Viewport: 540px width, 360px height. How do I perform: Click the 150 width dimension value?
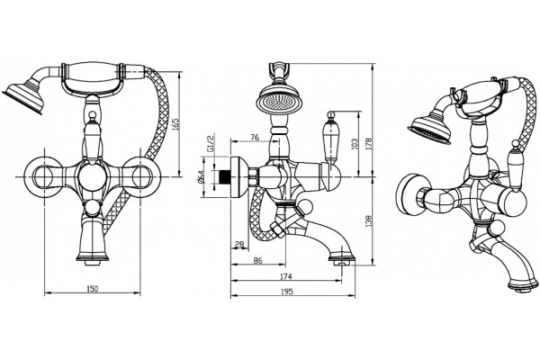pyautogui.click(x=93, y=288)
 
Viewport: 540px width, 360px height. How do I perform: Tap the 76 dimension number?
pyautogui.click(x=255, y=138)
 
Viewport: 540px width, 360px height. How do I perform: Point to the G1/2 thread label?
pyautogui.click(x=210, y=143)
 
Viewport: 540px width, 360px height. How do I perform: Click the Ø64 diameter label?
pyautogui.click(x=201, y=178)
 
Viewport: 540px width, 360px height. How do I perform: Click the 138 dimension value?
pyautogui.click(x=369, y=221)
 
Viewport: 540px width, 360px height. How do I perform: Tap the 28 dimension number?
pyautogui.click(x=239, y=244)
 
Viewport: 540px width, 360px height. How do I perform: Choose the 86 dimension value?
pyautogui.click(x=257, y=260)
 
